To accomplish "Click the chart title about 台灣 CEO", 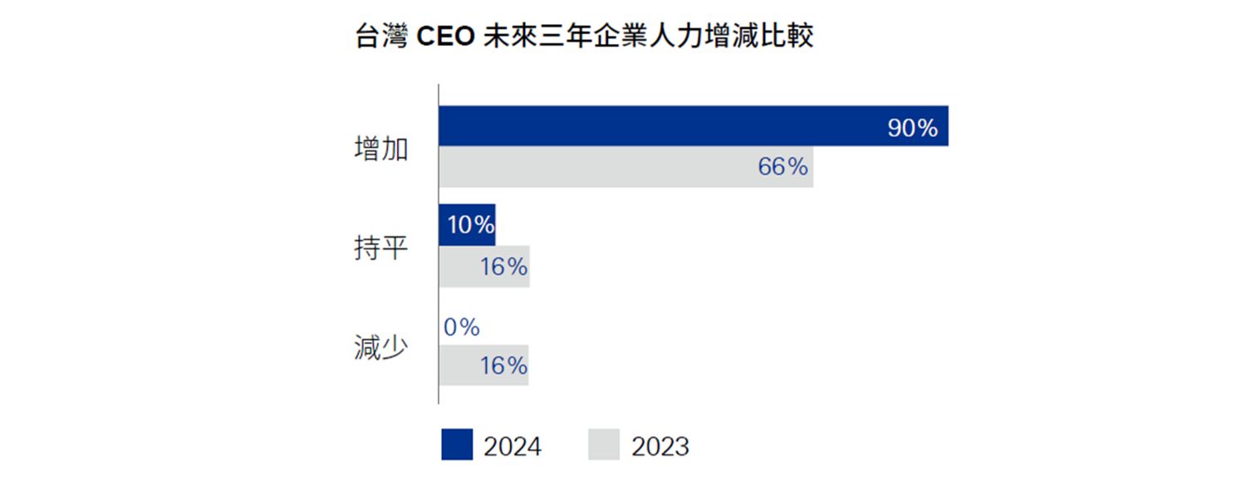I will click(x=584, y=38).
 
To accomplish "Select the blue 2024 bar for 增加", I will click(x=665, y=126).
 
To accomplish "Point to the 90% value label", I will click(x=912, y=129).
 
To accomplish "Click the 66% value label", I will click(x=782, y=167).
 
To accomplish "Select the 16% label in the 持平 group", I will click(x=503, y=267).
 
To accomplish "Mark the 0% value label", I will click(x=461, y=327).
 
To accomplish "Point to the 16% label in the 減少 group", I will click(x=503, y=366).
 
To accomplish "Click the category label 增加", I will click(x=380, y=150).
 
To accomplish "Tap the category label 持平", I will click(x=380, y=248).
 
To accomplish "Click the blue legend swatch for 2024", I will click(x=457, y=445).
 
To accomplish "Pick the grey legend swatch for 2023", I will click(x=604, y=445).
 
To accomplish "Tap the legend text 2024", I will click(x=513, y=446).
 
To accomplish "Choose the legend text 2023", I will click(x=660, y=446).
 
